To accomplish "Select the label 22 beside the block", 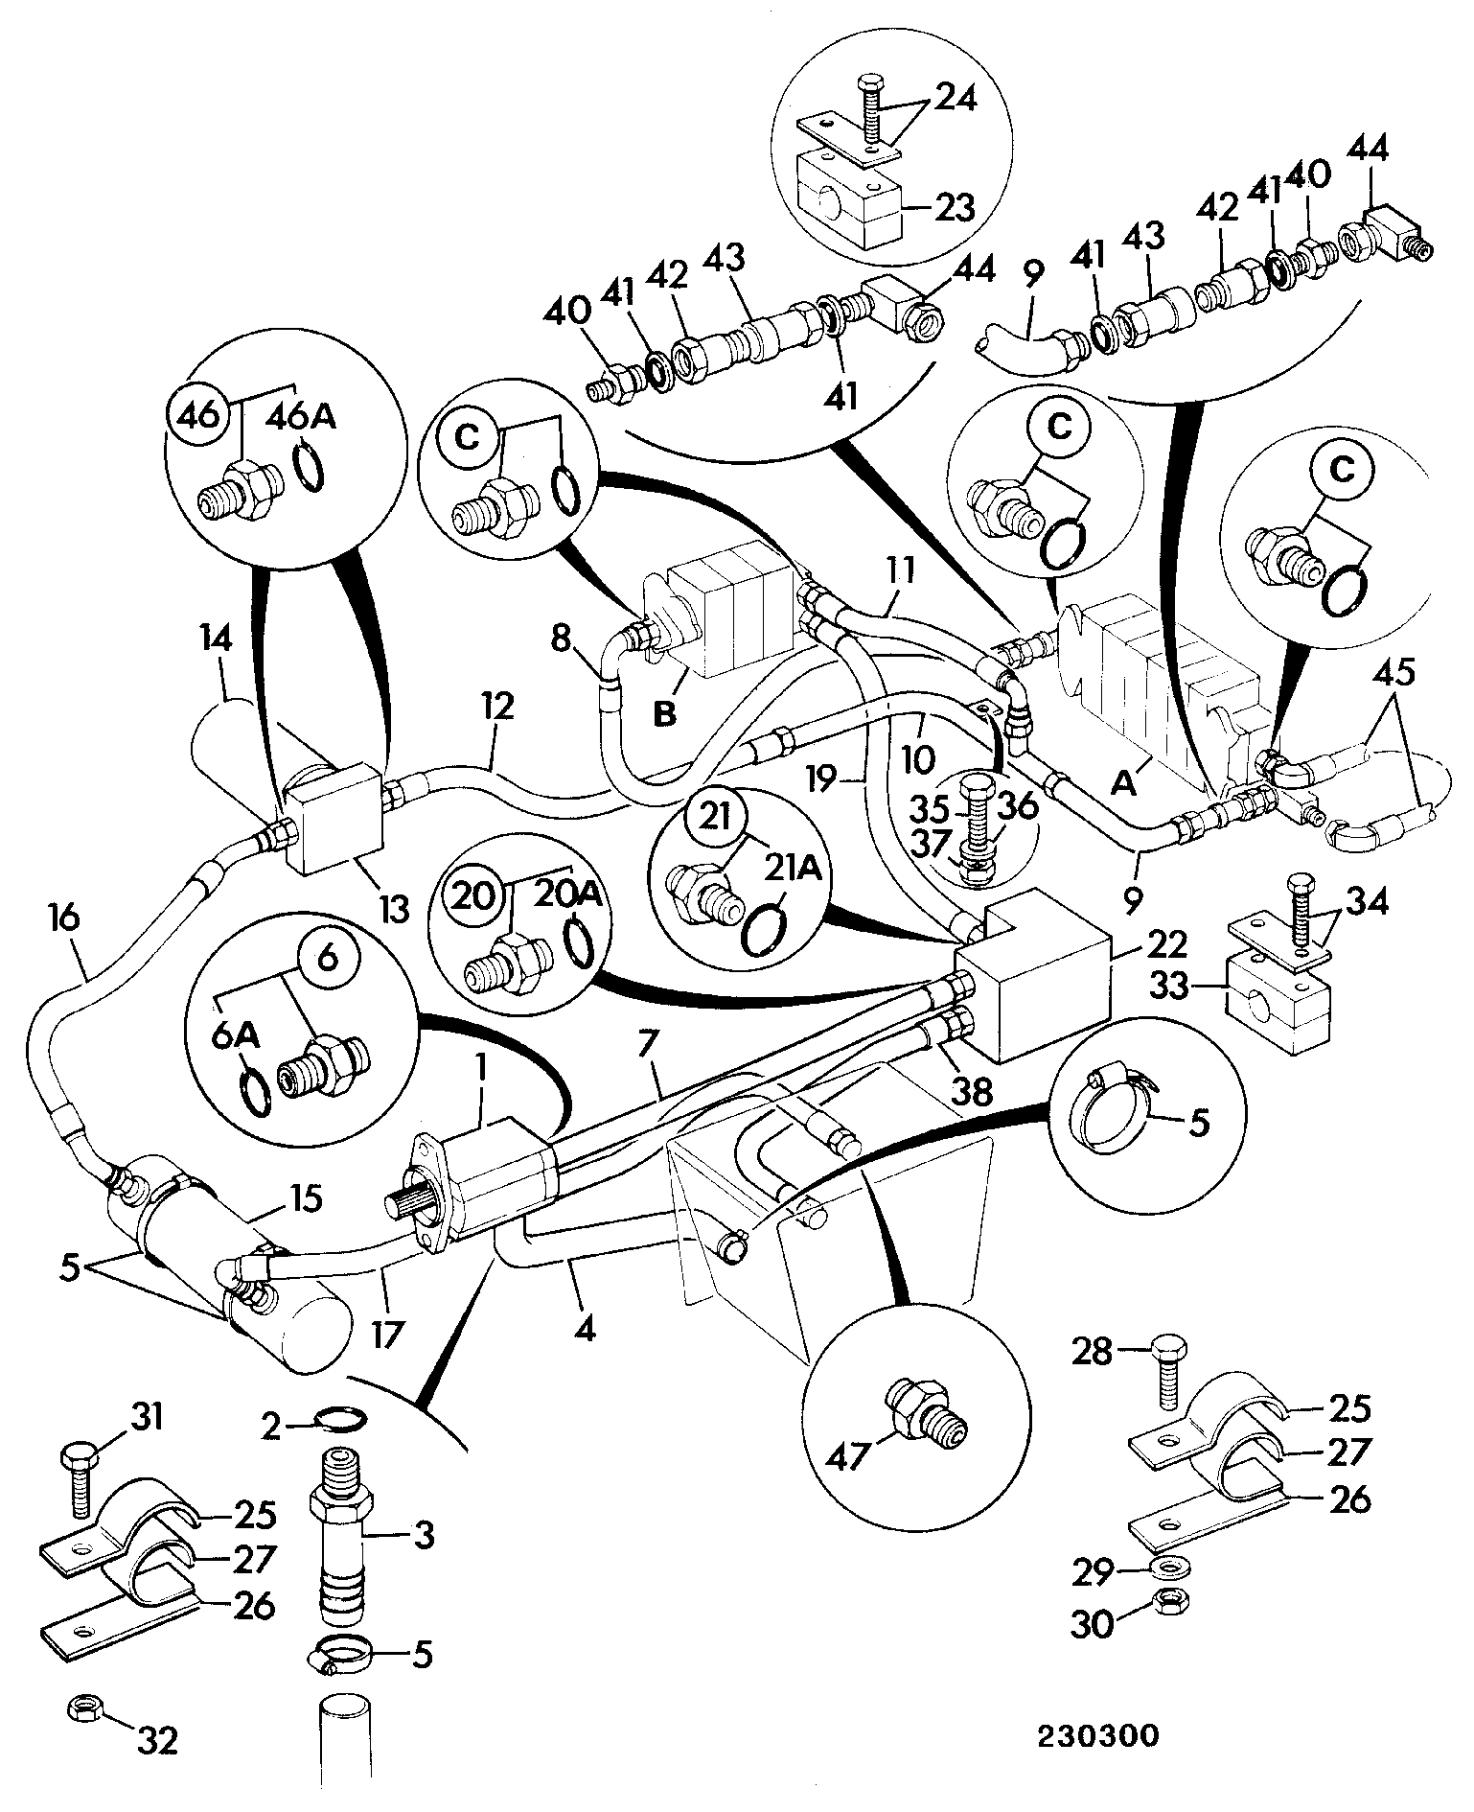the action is tap(1168, 945).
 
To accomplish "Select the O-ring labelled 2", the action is tap(338, 1417).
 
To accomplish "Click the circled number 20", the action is tap(474, 896).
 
